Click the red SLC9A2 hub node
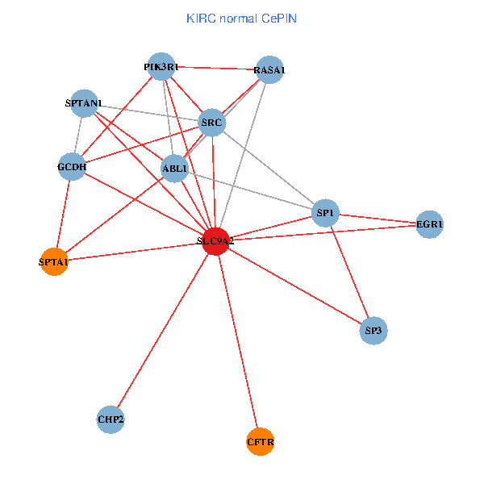pyautogui.click(x=215, y=241)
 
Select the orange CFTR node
pyautogui.click(x=260, y=441)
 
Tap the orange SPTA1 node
pyautogui.click(x=54, y=261)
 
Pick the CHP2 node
pyautogui.click(x=111, y=419)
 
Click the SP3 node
pyautogui.click(x=373, y=331)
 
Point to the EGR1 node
pyautogui.click(x=430, y=224)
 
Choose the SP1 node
pyautogui.click(x=325, y=213)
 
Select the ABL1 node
pyautogui.click(x=174, y=169)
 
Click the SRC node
pyautogui.click(x=212, y=123)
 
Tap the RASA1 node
pyautogui.click(x=269, y=70)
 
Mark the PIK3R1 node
pyautogui.click(x=161, y=67)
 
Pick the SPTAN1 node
pyautogui.click(x=84, y=103)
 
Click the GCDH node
pyautogui.click(x=72, y=167)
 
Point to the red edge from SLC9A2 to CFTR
pyautogui.click(x=237, y=341)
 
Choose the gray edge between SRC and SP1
pyautogui.click(x=269, y=168)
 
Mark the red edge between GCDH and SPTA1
pyautogui.click(x=63, y=215)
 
